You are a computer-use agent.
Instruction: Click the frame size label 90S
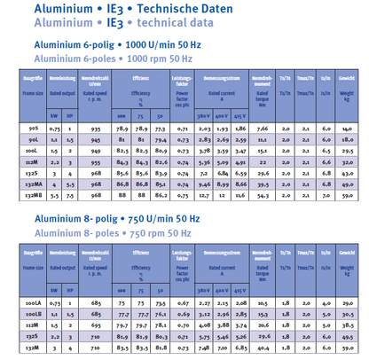point(29,129)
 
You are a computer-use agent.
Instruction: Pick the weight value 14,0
point(345,129)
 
